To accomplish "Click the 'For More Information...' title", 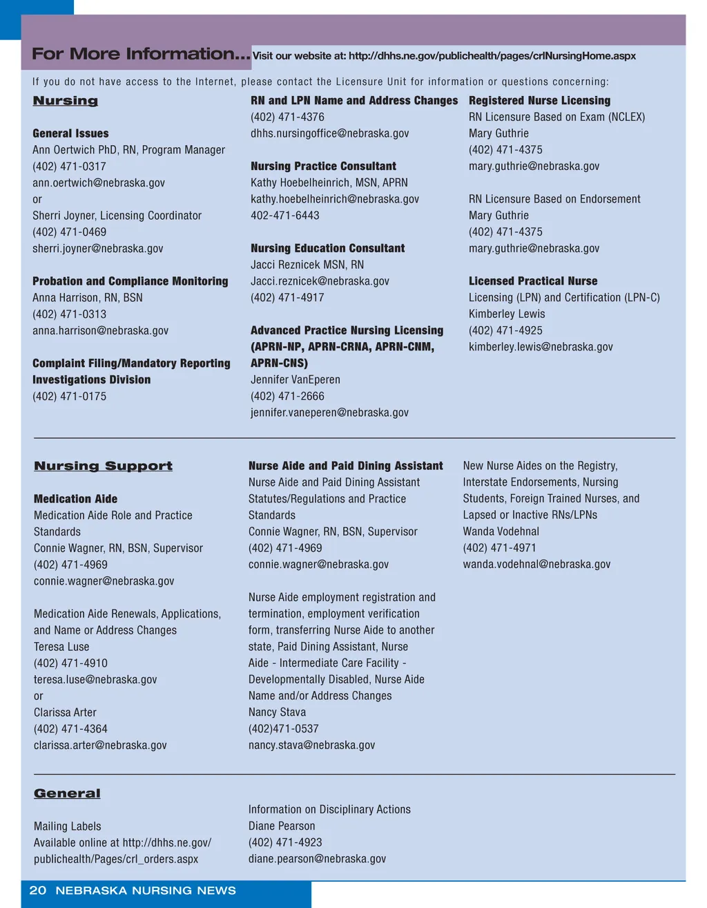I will [x=141, y=54].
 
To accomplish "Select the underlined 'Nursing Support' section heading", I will [x=104, y=466].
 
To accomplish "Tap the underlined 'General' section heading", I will [x=67, y=793].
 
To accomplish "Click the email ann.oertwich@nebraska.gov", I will [x=99, y=182].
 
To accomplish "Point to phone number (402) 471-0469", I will [x=69, y=232].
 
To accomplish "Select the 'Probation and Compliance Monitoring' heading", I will [x=130, y=281].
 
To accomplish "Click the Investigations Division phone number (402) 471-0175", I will [x=69, y=397].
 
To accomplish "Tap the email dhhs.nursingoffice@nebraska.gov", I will [x=329, y=133].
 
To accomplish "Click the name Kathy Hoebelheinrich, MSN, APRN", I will [x=329, y=182].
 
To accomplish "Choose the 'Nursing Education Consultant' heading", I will [x=327, y=248].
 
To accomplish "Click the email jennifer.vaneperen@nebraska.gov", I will [x=329, y=413].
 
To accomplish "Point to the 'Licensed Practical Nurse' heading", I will [x=533, y=281].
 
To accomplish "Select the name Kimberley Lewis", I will [x=507, y=314].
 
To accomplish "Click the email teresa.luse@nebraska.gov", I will [x=95, y=679].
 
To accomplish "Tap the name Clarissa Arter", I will [x=65, y=712].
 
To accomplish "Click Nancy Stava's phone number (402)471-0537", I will [x=283, y=729].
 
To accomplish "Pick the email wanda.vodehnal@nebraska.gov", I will [x=536, y=564].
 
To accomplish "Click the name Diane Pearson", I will [x=282, y=826].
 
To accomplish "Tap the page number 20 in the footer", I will [x=38, y=891].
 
